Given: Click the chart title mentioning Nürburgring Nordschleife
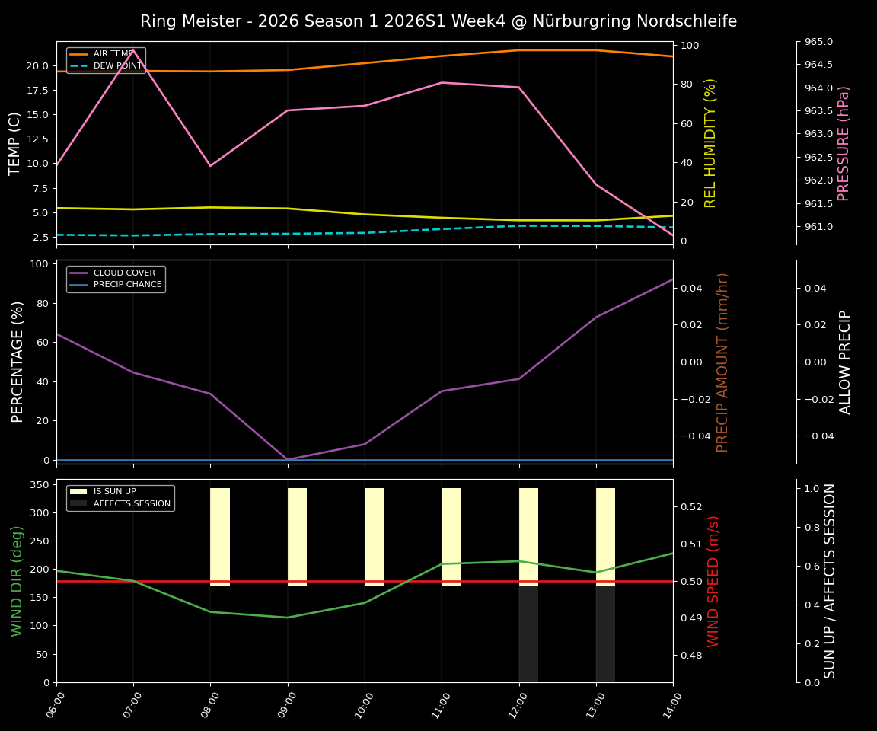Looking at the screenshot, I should point(438,21).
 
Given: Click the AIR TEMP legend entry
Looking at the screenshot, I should point(111,54).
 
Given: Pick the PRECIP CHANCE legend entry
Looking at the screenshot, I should point(127,285).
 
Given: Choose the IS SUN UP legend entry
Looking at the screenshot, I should point(114,492).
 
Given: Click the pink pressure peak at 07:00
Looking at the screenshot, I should point(133,50).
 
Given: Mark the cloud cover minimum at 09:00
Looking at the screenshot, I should point(288,459).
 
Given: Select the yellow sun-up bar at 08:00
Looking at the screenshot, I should point(220,537).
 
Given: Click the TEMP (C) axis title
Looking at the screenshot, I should point(15,143).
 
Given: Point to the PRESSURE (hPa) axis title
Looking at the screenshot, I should point(844,143).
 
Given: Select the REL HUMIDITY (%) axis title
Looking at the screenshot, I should point(711,143).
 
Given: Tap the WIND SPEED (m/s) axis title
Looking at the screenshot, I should point(713,581).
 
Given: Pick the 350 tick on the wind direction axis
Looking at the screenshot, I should point(42,484).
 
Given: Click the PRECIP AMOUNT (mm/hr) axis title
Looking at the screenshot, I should point(723,362).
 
